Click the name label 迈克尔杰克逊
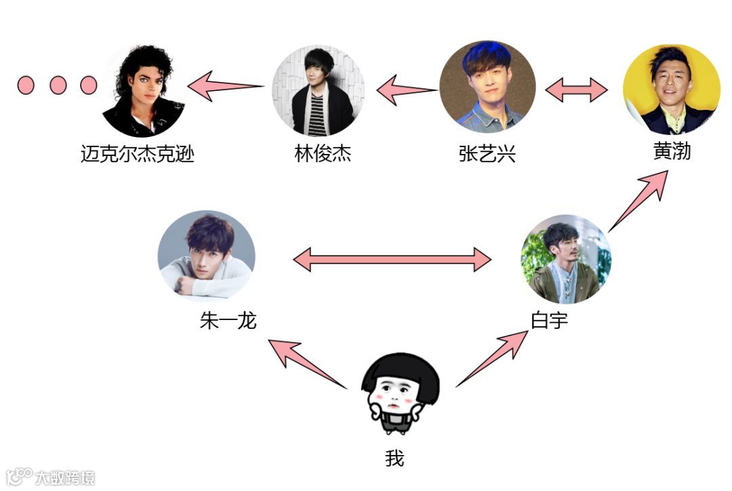[x=138, y=155]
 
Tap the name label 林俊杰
[x=323, y=154]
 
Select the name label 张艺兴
[x=487, y=154]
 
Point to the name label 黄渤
[x=672, y=151]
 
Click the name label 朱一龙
[x=228, y=320]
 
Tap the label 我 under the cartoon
[x=394, y=459]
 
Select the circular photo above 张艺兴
[x=487, y=86]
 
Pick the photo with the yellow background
[x=671, y=89]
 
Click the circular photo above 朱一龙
[x=206, y=254]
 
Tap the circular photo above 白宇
[x=566, y=259]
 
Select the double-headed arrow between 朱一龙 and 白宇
[x=392, y=259]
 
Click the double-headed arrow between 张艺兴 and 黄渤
[x=577, y=90]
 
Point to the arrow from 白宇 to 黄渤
[x=638, y=200]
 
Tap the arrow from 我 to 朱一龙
[x=308, y=364]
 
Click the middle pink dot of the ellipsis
[x=58, y=85]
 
